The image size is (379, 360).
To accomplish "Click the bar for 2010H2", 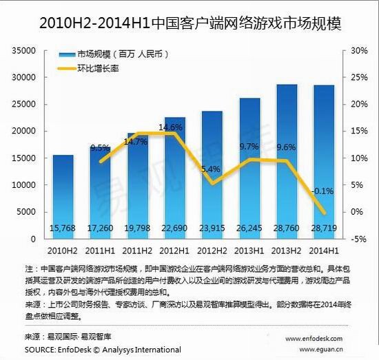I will tap(63, 196).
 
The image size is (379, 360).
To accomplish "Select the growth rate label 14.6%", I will tap(170, 127).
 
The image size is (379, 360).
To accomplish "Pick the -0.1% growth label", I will tap(322, 191).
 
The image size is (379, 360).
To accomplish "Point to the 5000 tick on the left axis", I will tap(25, 212).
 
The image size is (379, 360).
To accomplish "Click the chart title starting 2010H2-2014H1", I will tap(189, 23).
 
